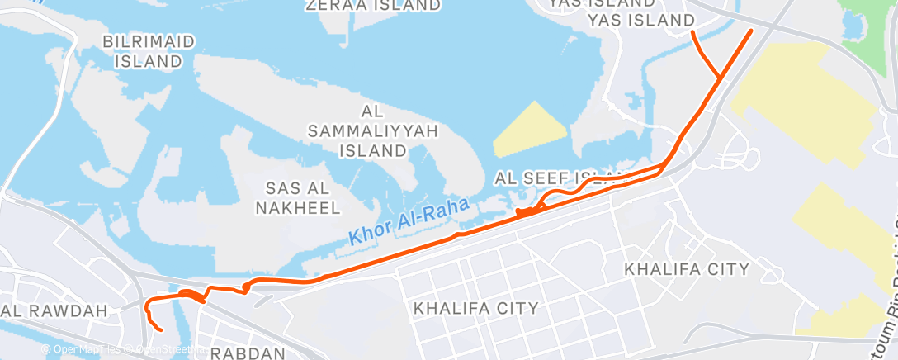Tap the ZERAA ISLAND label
pyautogui.click(x=372, y=5)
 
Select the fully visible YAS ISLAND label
pyautogui.click(x=640, y=19)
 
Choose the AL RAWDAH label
pyautogui.click(x=55, y=310)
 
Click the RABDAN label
pyautogui.click(x=248, y=353)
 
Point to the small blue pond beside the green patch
pyautogui.click(x=853, y=25)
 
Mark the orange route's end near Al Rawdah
pyautogui.click(x=160, y=331)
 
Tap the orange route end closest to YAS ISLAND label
pyautogui.click(x=692, y=32)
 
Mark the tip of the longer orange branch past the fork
pyautogui.click(x=751, y=30)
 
